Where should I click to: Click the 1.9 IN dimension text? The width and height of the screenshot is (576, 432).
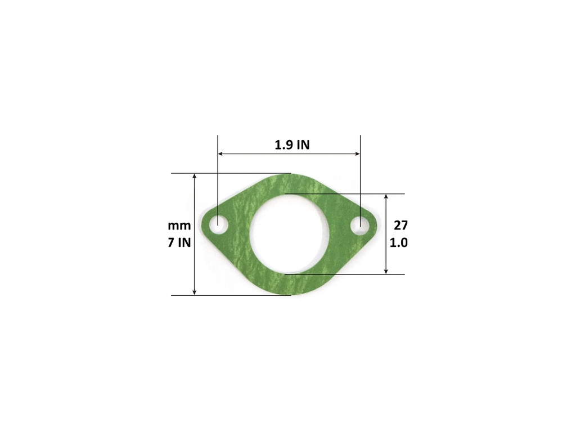click(292, 145)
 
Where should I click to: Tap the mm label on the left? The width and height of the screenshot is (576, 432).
click(179, 226)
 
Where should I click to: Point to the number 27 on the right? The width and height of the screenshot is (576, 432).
click(400, 226)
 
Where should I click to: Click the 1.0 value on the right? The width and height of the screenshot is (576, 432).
click(399, 244)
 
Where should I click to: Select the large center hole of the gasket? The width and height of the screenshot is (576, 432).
click(288, 233)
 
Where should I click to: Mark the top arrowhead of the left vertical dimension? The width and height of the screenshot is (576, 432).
click(195, 177)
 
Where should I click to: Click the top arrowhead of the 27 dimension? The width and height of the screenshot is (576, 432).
click(386, 197)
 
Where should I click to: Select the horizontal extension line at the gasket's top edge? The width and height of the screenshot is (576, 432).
click(231, 173)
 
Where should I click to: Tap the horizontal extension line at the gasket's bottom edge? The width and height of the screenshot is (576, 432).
click(231, 295)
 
